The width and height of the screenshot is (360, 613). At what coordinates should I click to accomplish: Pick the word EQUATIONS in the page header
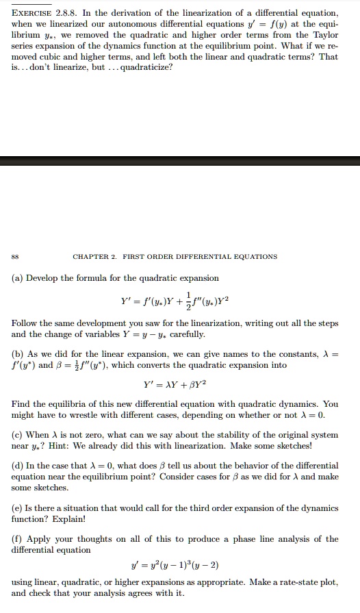[250, 257]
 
